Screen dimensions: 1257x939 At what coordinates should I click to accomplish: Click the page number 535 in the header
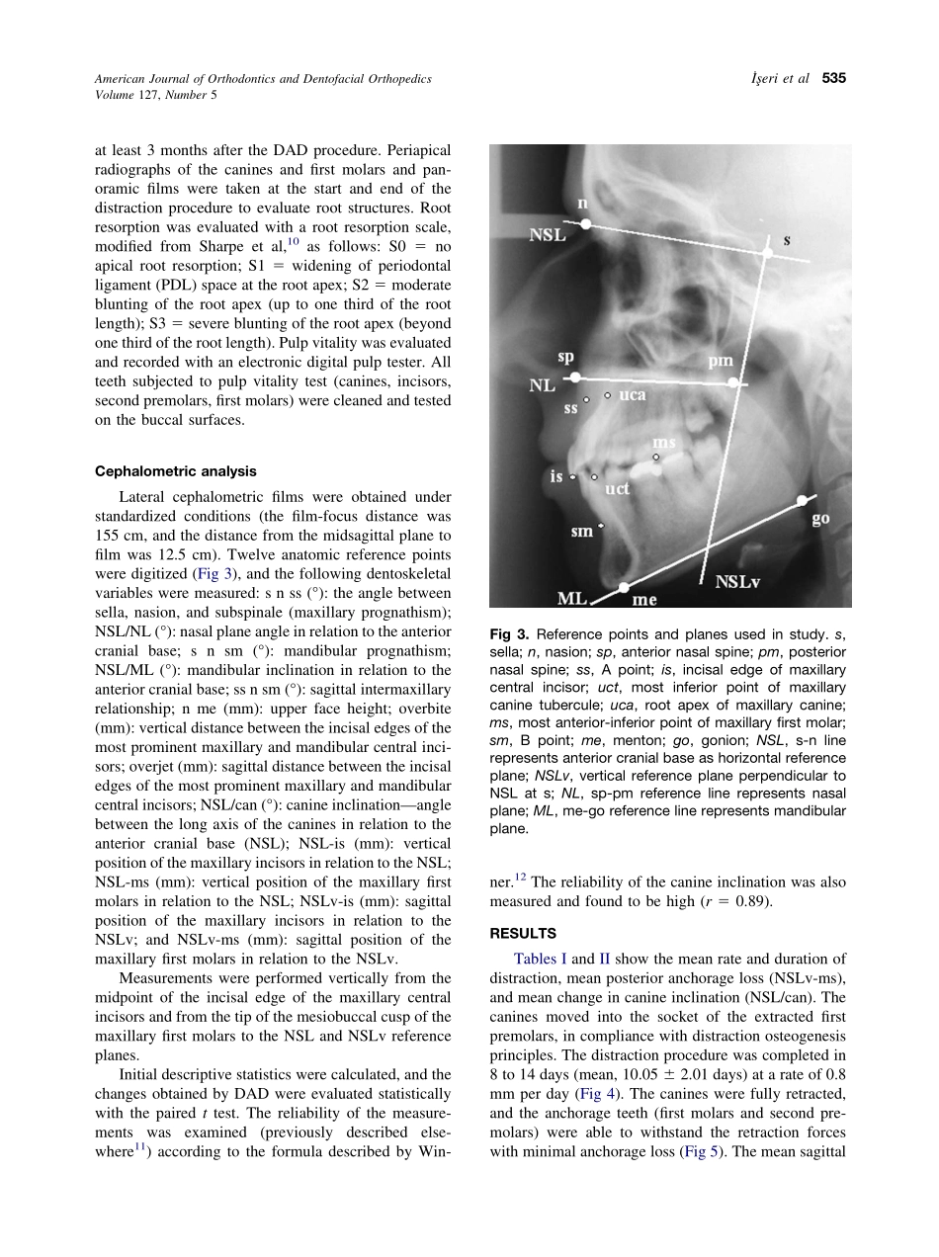coord(834,79)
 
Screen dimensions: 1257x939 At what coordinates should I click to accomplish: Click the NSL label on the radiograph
coord(549,236)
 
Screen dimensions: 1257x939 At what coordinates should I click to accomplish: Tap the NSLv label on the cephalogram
coord(737,581)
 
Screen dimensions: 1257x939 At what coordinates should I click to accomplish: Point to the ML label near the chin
coord(572,597)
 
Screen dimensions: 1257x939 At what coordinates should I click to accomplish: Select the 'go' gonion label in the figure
coord(820,519)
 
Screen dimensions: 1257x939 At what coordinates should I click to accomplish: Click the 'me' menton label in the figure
coord(644,599)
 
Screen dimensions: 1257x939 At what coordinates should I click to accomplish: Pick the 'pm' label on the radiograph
coord(721,362)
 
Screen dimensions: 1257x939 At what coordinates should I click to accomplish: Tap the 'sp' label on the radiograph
coord(565,357)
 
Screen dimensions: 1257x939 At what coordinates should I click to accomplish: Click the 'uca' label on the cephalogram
coord(632,395)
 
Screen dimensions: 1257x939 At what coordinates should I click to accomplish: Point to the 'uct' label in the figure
coord(618,488)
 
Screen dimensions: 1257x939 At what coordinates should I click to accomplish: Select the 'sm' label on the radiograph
coord(582,531)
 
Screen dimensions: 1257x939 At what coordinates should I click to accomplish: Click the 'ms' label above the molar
coord(664,442)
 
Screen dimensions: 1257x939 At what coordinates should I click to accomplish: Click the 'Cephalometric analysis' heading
coord(175,471)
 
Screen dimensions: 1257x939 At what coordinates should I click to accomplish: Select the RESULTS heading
coord(523,933)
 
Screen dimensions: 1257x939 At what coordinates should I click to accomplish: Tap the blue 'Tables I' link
coord(541,959)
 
